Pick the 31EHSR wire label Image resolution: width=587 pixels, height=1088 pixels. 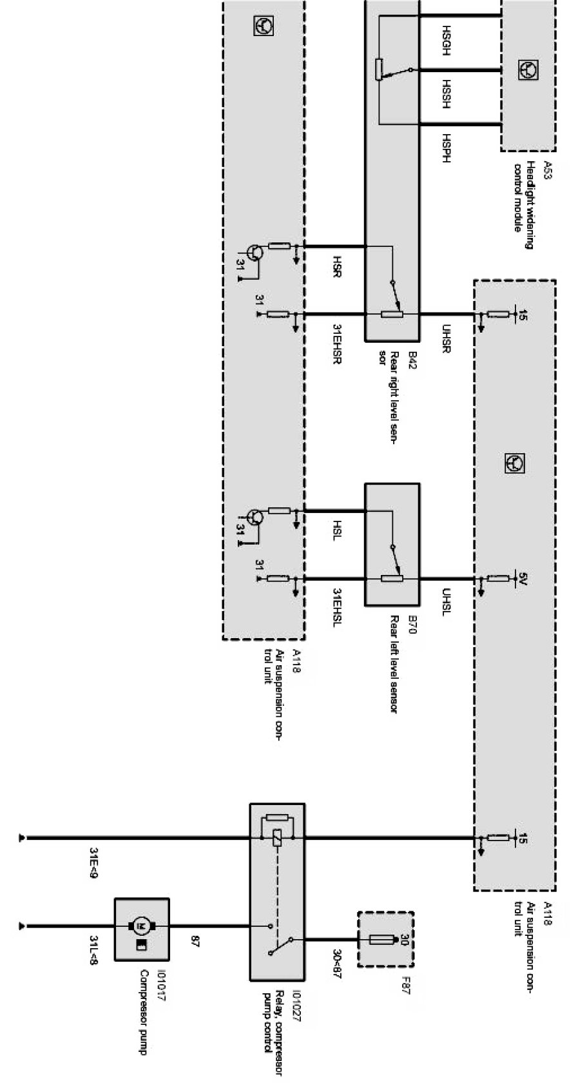[336, 344]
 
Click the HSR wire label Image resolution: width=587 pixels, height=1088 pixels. [336, 266]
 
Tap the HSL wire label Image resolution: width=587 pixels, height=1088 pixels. [336, 531]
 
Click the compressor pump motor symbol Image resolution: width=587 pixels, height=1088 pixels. [142, 926]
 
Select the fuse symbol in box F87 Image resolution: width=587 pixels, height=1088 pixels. [382, 940]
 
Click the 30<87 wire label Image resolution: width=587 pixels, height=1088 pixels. [336, 960]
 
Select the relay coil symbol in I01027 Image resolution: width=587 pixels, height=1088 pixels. [276, 838]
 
